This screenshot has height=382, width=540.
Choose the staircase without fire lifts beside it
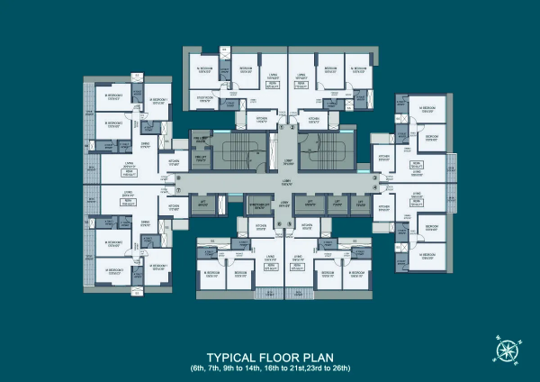321,148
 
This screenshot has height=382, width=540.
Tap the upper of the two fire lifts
202,141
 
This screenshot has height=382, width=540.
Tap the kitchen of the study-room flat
261,118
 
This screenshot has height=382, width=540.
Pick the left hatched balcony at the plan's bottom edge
266,294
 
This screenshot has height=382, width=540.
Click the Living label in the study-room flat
272,77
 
